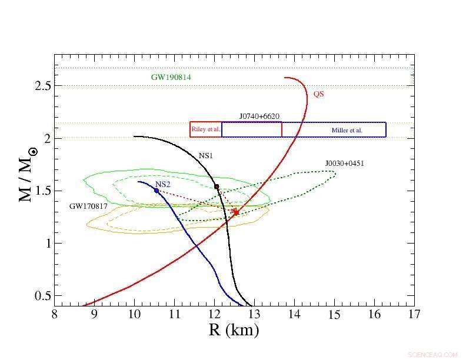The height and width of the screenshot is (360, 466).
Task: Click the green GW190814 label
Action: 171,77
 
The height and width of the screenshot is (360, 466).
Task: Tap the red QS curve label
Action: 318,94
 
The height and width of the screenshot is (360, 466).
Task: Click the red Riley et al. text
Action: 206,129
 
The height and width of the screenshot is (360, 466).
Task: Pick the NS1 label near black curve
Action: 205,156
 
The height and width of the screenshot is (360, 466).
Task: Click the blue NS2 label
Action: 162,185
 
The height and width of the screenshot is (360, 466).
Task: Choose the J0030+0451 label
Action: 345,163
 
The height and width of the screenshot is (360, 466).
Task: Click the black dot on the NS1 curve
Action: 217,186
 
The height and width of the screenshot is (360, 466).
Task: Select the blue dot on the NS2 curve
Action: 157,191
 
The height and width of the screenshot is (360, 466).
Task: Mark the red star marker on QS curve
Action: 236,212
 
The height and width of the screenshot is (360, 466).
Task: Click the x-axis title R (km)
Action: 234,330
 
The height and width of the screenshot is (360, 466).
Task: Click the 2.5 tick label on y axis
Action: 42,86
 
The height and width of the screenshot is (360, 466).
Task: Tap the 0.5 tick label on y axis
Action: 42,296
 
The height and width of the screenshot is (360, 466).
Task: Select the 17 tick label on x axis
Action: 414,314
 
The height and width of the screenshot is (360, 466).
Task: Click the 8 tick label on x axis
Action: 54,314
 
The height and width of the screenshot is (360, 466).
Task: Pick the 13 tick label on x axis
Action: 254,314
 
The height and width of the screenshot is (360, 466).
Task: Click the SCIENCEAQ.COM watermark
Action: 432,355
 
